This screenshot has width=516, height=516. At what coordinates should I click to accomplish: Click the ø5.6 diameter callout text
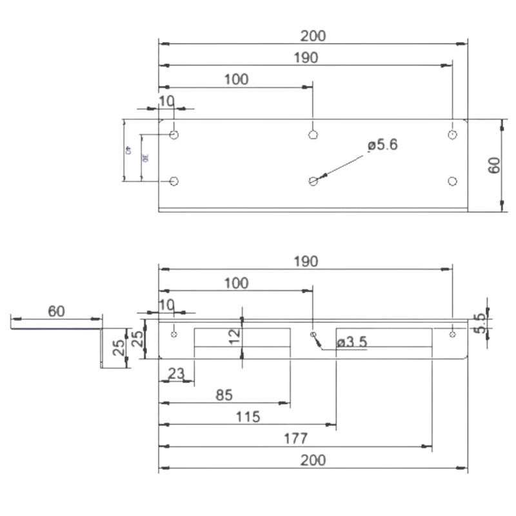click(382, 145)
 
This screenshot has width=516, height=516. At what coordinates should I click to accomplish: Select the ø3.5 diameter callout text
click(352, 342)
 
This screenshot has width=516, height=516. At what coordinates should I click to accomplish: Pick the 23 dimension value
click(176, 373)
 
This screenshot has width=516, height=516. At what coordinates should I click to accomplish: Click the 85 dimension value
click(224, 395)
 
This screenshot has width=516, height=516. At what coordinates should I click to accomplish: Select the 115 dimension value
click(248, 417)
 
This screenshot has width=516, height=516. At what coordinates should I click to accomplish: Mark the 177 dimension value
click(295, 439)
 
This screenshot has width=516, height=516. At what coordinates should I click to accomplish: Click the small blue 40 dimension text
click(128, 150)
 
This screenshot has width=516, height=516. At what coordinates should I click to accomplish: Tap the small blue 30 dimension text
click(146, 157)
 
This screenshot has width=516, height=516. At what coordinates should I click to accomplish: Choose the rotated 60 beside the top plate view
click(494, 165)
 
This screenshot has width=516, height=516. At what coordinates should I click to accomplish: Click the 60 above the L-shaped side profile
click(56, 311)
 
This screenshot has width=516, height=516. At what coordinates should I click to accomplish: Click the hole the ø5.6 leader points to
click(313, 181)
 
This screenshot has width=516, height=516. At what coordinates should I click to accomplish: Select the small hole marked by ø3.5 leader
click(313, 334)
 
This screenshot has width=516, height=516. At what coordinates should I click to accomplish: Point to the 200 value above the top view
click(313, 35)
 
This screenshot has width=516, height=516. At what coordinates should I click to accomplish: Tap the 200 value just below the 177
click(313, 460)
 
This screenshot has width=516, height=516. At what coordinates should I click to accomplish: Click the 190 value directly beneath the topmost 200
click(306, 57)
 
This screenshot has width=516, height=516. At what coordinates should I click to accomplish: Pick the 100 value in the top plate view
click(236, 79)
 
